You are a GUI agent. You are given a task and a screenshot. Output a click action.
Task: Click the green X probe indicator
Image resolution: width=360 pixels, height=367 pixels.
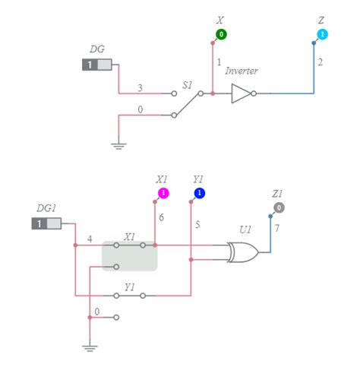220,34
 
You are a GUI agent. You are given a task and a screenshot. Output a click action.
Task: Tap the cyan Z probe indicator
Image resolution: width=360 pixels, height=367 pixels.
323,35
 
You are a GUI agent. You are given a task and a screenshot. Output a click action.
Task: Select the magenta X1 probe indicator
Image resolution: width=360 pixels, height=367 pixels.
163,193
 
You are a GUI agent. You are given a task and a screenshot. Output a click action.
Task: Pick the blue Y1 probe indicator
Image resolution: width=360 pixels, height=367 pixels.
200,193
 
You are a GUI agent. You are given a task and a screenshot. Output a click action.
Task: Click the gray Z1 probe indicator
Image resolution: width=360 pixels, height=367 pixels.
279,207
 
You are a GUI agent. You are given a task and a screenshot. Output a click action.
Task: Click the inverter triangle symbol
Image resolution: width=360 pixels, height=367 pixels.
242,93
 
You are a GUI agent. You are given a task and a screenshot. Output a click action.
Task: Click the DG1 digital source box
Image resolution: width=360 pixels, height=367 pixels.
46,223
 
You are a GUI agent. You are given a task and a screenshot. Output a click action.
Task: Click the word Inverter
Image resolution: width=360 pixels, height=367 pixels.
242,71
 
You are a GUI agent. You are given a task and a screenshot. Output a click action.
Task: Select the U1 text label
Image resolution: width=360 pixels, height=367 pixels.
245,229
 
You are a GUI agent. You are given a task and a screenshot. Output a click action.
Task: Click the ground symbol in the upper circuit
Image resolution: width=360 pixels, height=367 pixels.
118,144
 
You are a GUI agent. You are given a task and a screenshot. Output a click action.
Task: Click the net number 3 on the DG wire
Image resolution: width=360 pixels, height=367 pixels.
140,88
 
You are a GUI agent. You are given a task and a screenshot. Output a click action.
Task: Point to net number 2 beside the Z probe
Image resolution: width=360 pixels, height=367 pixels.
321,62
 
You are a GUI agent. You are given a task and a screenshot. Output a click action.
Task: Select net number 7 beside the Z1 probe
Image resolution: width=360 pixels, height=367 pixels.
278,228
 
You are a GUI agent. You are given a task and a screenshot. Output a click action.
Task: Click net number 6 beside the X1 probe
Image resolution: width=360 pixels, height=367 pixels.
161,217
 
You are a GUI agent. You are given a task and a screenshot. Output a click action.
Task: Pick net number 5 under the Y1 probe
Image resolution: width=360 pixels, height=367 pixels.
197,225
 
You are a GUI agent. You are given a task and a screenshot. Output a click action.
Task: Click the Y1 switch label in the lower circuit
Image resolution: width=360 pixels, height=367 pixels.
129,287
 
